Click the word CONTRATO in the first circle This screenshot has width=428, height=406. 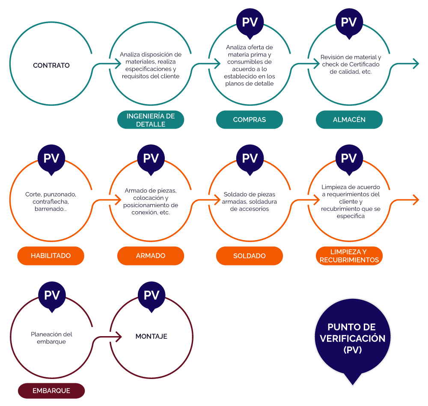pos(51,66)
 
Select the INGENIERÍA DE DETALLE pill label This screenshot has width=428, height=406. pos(151,120)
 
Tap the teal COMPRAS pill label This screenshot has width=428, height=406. pos(250,120)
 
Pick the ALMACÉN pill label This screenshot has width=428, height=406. pos(349,120)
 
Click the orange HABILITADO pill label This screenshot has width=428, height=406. pos(51,256)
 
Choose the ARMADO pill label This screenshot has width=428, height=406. pos(151,256)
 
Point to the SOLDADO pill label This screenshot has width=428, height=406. pos(250,256)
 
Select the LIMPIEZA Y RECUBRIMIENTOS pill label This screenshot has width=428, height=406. pos(349,256)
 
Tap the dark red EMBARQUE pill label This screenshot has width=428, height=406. pos(51,391)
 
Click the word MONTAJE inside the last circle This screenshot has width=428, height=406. pos(151,337)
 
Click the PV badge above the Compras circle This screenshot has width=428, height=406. pos(250,22)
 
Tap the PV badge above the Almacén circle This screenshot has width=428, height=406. pos(349,22)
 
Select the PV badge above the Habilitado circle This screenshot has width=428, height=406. pos(51,158)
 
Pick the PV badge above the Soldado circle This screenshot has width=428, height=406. pos(250,158)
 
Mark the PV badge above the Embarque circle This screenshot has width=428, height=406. pos(52,295)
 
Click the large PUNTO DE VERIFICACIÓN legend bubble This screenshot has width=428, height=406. pos(353,339)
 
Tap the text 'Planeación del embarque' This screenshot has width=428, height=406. pos(51,338)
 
